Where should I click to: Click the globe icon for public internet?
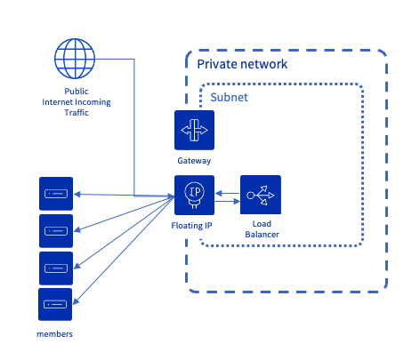coord(75,59)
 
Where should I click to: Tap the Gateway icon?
coord(194,131)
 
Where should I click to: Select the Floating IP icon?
coord(194,196)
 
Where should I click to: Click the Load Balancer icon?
coord(261,196)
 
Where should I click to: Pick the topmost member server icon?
coord(56,194)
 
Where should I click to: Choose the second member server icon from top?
coord(56,231)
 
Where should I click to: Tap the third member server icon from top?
coord(56,268)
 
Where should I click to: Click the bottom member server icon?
coord(56,305)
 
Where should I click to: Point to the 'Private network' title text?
coord(242,64)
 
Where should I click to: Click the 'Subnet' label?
coord(229,97)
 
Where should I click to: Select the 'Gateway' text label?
coord(194,162)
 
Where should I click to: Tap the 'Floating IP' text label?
coord(191,227)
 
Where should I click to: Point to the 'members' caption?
coord(54,333)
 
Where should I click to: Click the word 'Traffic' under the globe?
coord(76,114)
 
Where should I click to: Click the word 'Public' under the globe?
coord(77,92)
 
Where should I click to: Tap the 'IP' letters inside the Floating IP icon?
coord(194,191)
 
